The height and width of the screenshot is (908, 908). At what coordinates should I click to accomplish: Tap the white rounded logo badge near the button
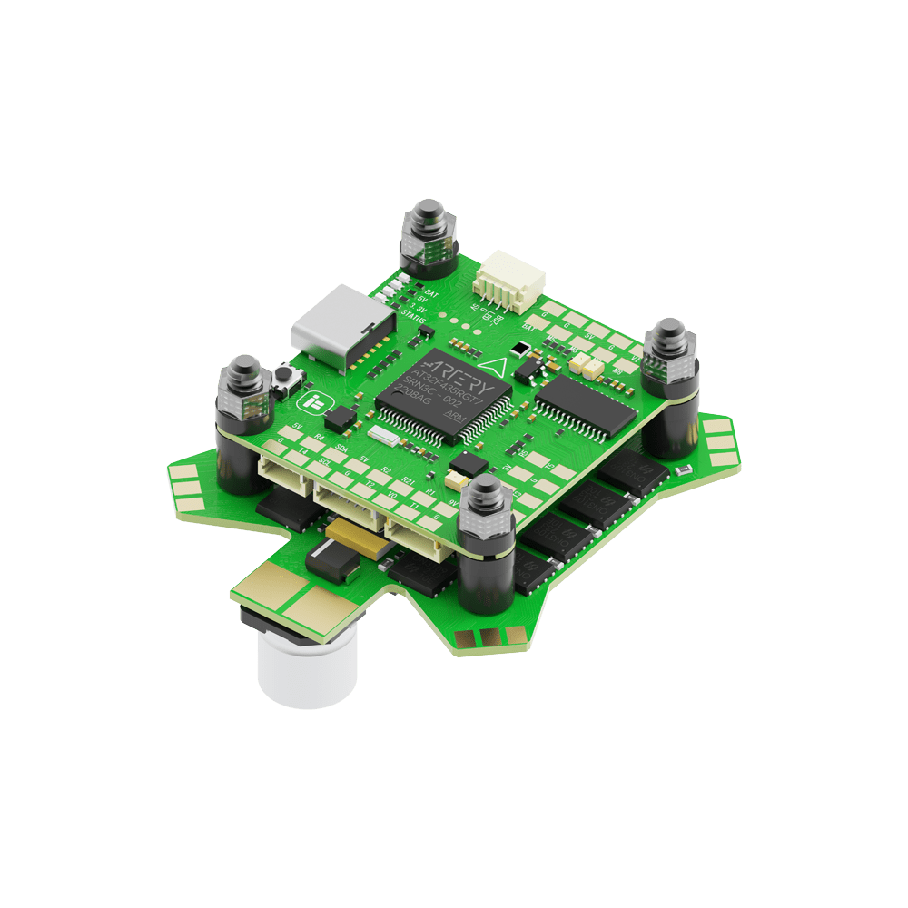315,402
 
